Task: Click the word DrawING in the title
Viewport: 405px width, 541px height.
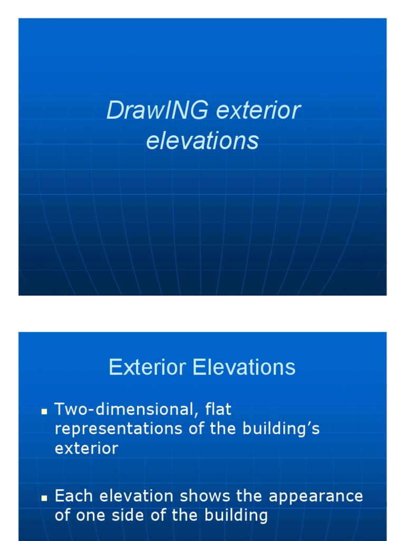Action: [151, 111]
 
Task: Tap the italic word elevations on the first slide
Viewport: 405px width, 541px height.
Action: [202, 141]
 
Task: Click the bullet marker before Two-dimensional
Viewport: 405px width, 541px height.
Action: [45, 411]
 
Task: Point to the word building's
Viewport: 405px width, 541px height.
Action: [288, 429]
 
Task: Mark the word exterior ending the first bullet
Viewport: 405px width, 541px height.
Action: [86, 449]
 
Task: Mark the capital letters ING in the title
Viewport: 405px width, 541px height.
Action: [177, 111]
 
